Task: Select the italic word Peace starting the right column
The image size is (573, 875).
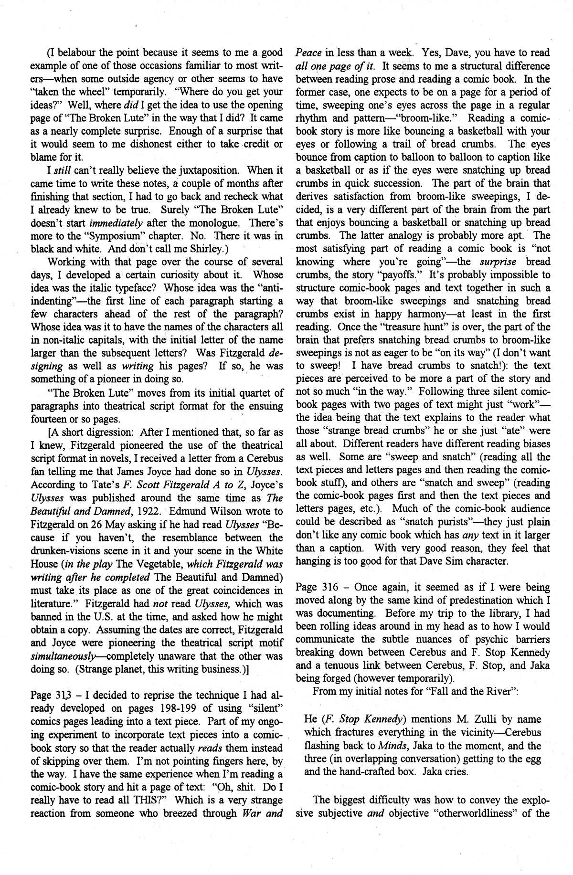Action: [308, 53]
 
